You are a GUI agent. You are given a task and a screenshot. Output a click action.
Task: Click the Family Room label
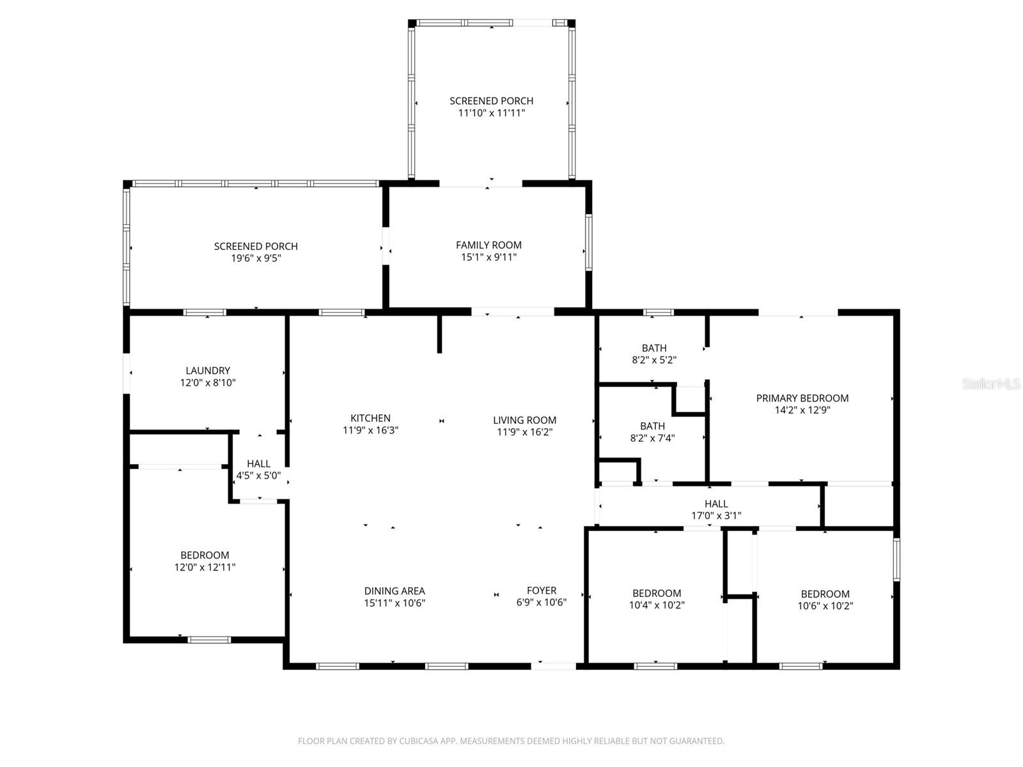click(488, 245)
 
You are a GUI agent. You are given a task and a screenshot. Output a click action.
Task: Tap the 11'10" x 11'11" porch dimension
click(491, 113)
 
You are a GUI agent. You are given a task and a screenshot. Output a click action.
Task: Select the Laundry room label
click(208, 371)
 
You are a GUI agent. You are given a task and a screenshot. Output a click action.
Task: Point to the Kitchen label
click(370, 419)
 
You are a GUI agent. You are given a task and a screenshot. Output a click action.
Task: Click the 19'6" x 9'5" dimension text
click(256, 258)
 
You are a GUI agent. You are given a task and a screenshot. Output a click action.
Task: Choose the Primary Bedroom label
click(802, 398)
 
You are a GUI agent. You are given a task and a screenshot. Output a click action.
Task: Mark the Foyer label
click(542, 591)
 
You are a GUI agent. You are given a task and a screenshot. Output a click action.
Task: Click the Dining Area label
click(394, 591)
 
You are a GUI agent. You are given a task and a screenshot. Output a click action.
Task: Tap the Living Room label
click(524, 420)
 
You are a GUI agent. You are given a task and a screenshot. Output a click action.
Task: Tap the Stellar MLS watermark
click(990, 384)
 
